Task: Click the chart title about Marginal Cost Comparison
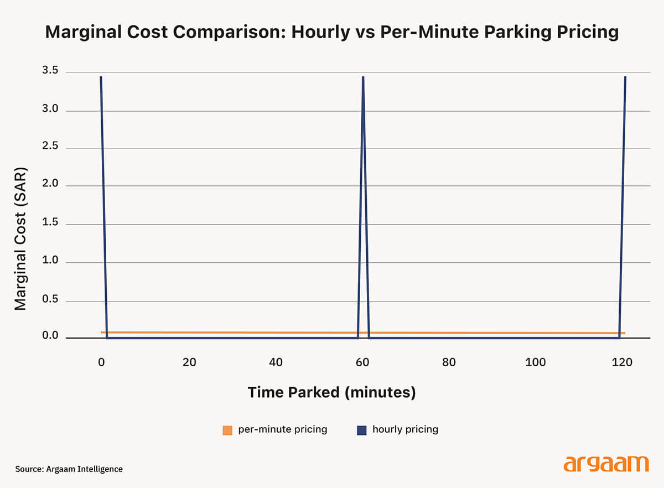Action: [x=331, y=32]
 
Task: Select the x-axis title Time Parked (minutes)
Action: [x=331, y=392]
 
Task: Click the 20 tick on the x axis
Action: [x=189, y=362]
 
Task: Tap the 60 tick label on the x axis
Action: [x=362, y=362]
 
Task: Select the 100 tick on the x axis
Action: [x=536, y=362]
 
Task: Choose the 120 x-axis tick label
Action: [x=622, y=362]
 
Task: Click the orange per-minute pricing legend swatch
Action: [x=227, y=430]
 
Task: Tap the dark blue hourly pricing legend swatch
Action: [x=362, y=430]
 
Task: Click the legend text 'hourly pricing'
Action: [x=405, y=429]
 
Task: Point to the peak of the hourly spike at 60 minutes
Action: [x=363, y=77]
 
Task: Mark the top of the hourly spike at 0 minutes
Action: [x=101, y=77]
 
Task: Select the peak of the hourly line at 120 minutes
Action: [x=625, y=77]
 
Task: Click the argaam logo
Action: [x=606, y=464]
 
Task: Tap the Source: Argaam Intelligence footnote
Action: [x=69, y=469]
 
